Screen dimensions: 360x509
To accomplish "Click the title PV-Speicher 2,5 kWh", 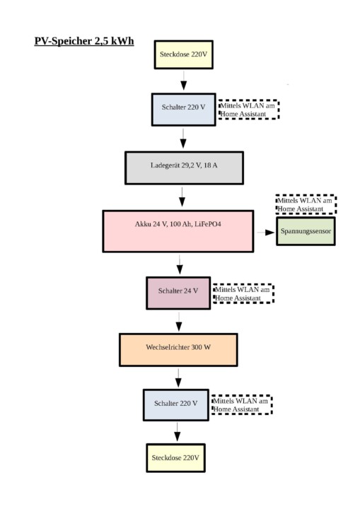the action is click(84, 41).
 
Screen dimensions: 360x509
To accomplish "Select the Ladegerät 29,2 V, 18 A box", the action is click(184, 168).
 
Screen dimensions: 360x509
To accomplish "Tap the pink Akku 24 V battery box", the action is click(178, 231).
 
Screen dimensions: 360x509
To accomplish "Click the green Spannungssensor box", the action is click(306, 231).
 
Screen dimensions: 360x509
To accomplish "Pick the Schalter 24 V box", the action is click(178, 293).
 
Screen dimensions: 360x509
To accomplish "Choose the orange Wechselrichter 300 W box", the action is click(178, 350).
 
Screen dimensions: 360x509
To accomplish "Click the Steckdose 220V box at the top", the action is click(184, 54).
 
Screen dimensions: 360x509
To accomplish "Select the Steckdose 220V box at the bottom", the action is click(176, 457).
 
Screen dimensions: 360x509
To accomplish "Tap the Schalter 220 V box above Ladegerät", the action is click(184, 110).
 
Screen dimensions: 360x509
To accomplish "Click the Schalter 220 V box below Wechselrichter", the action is click(176, 405).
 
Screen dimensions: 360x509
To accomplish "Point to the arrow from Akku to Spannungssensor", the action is click(266, 233).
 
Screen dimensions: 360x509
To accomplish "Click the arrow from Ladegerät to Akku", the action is click(182, 197).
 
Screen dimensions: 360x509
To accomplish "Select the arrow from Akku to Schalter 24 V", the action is click(180, 264).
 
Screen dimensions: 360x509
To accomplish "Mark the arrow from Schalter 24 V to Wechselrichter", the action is click(179, 322).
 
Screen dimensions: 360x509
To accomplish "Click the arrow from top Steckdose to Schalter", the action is click(184, 81).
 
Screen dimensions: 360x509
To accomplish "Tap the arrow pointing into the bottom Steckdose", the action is click(177, 432).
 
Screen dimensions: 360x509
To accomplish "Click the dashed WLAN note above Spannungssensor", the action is click(306, 204).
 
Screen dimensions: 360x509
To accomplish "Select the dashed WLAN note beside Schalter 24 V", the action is click(243, 293).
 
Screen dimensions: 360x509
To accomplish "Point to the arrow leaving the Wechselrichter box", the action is click(178, 378).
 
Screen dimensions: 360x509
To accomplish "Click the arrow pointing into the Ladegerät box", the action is click(183, 139).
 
